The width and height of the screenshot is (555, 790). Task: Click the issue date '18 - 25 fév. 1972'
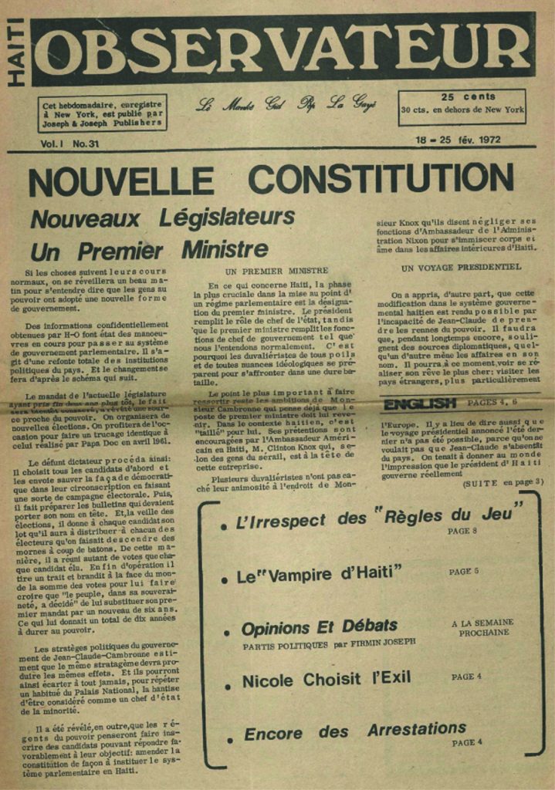(x=457, y=140)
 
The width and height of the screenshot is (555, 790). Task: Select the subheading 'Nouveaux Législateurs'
(x=162, y=218)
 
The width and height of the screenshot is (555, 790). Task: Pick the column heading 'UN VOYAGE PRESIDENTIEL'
(x=462, y=268)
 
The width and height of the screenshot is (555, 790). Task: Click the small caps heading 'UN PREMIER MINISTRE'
(x=276, y=271)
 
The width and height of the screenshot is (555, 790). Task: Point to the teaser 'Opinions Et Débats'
(x=320, y=626)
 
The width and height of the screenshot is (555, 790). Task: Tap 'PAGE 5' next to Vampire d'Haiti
(x=464, y=572)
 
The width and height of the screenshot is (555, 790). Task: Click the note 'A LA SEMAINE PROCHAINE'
(x=483, y=627)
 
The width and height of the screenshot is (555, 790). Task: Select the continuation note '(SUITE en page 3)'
(x=503, y=482)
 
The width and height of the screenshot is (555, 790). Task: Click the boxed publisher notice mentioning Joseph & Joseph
(x=102, y=113)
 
